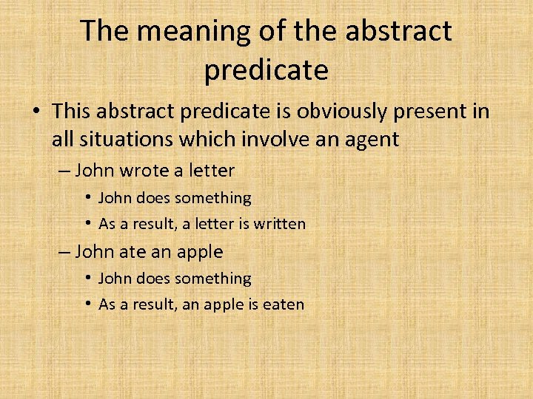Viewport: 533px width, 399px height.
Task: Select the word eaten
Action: [x=281, y=304]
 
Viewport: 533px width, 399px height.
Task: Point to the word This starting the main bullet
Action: [x=71, y=111]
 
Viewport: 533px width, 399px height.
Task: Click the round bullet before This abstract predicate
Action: [x=36, y=112]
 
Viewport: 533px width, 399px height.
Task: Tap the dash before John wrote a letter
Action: [x=64, y=171]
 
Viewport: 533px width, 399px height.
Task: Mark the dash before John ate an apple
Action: [x=64, y=252]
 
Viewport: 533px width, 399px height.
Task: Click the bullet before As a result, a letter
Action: [x=87, y=223]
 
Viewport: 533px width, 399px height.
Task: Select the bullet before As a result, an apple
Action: [x=87, y=304]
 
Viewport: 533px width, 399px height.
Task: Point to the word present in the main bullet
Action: [x=434, y=111]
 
